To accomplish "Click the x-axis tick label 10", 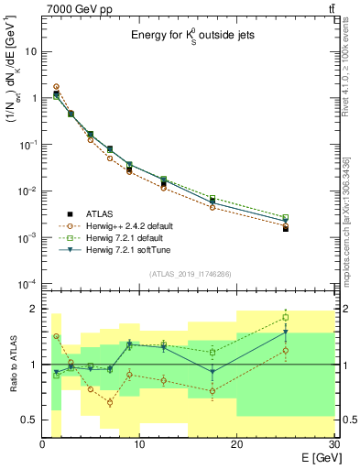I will click(139, 444).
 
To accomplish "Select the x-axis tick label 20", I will click(236, 444).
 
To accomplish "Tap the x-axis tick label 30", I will click(333, 444).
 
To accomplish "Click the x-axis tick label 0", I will click(43, 444).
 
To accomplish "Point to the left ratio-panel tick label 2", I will click(34, 310).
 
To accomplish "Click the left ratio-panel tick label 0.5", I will click(28, 420).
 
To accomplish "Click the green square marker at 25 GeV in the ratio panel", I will click(285, 318).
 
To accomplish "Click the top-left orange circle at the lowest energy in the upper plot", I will click(57, 87).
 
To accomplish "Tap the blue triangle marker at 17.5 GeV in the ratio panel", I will click(213, 372).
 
